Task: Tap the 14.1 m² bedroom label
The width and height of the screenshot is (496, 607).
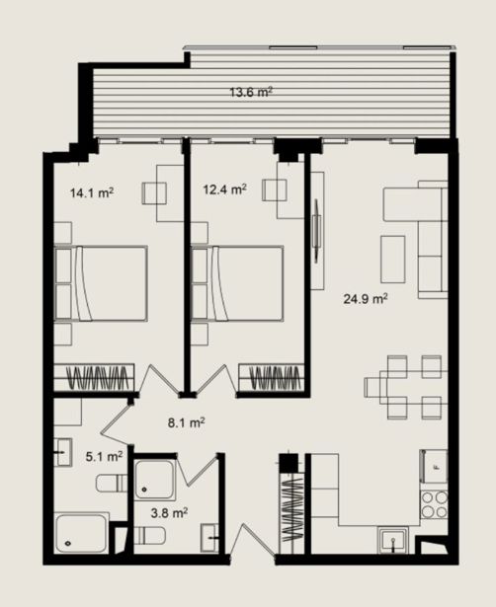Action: coord(92,192)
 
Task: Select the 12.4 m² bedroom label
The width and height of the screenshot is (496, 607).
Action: coord(225,190)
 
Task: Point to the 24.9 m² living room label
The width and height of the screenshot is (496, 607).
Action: coord(366,299)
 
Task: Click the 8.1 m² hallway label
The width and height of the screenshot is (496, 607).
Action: coord(187,422)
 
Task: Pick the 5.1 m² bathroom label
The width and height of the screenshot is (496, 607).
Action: coord(104,456)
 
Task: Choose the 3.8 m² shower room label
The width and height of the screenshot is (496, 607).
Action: coord(169,513)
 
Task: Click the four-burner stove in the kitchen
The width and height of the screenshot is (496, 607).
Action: coord(435,504)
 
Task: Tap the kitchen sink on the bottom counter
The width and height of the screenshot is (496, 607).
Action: coord(393,541)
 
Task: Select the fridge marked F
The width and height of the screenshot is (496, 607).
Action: coord(434,466)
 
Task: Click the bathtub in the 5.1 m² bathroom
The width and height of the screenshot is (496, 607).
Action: coord(82,533)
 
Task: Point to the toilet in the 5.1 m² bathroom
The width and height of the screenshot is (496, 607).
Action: coord(112,483)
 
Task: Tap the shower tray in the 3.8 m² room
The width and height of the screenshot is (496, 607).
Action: coord(155,479)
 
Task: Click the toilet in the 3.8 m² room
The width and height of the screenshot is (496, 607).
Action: coord(149,535)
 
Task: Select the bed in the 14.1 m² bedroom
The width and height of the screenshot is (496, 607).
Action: coord(101,283)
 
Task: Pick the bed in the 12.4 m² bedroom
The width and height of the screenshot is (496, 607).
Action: coord(237,283)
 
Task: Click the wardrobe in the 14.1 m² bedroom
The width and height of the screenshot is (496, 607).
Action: coord(94,377)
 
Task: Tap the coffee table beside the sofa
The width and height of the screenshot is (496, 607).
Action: coord(393,260)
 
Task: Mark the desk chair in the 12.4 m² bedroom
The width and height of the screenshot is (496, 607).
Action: coord(275,190)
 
